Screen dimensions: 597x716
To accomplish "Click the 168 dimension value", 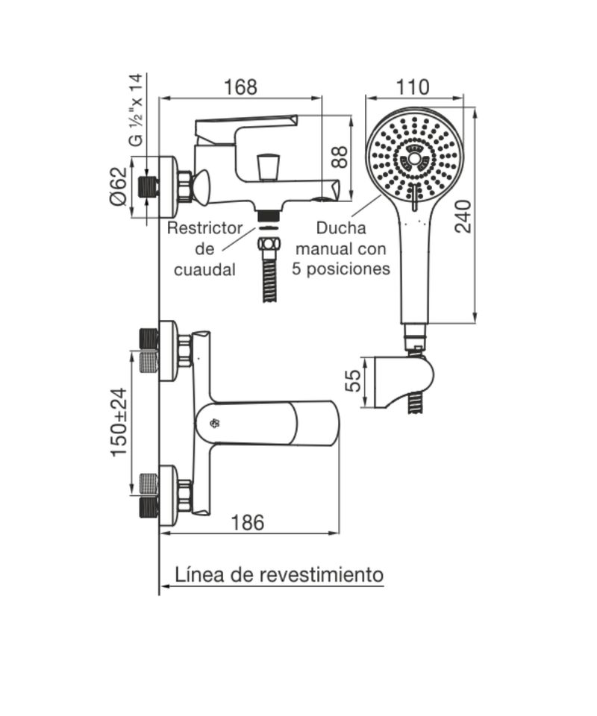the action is tap(240, 87).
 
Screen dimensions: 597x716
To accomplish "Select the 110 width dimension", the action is tap(413, 87).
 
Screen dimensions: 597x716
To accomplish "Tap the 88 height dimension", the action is tap(340, 157).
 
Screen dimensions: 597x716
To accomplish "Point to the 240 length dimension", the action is tap(463, 216).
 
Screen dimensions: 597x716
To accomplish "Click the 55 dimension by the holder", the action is tap(353, 380).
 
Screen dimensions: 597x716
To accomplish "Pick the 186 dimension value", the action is tap(248, 522).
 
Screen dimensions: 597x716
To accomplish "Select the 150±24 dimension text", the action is tap(119, 421).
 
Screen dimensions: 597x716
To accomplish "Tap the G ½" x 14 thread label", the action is tap(136, 110).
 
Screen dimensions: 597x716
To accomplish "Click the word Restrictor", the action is tap(204, 228).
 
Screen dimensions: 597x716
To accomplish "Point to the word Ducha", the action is tap(341, 228).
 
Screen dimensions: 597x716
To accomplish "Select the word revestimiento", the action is tap(322, 574).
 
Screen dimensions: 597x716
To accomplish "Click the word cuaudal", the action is tap(204, 269).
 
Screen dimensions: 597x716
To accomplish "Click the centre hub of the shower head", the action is tap(414, 158).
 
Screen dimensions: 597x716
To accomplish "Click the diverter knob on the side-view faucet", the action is tap(268, 167).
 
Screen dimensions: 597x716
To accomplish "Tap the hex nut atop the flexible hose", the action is tap(269, 243).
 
